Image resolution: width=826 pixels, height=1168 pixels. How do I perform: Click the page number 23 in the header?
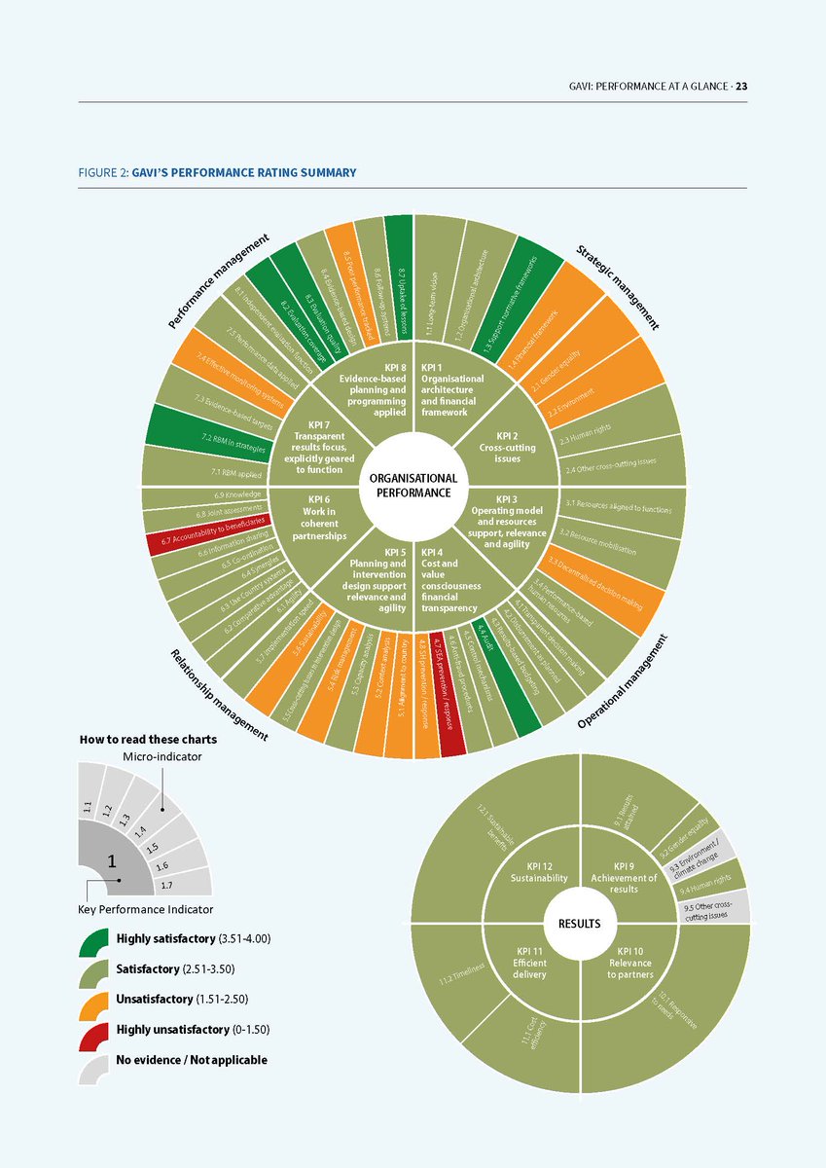(x=741, y=86)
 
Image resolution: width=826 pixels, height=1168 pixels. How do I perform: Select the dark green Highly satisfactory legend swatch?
(x=94, y=939)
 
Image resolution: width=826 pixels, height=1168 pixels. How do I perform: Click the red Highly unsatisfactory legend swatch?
(x=94, y=1030)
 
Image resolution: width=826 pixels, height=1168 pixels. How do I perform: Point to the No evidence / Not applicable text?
(x=191, y=1060)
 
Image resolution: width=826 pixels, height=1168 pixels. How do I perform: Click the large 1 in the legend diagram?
(x=112, y=860)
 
